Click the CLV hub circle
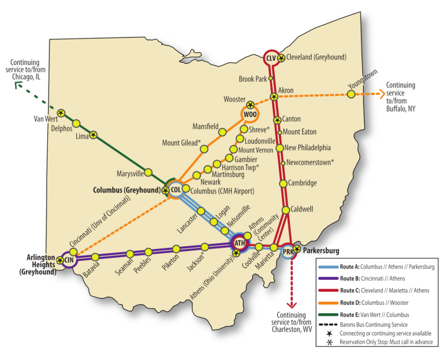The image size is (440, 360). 271,58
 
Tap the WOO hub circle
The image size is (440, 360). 249,115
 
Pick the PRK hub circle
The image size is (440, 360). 288,252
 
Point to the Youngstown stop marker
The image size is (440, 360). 351,94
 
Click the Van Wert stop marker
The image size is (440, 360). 61,113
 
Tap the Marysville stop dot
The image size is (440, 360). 148,172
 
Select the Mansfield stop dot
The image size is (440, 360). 222,132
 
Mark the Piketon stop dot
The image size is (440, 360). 176,249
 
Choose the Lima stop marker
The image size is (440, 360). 93,135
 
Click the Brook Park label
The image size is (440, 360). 253,79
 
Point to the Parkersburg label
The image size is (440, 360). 321,250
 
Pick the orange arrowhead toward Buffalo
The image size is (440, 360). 382,94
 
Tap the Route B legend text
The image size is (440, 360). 375,278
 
